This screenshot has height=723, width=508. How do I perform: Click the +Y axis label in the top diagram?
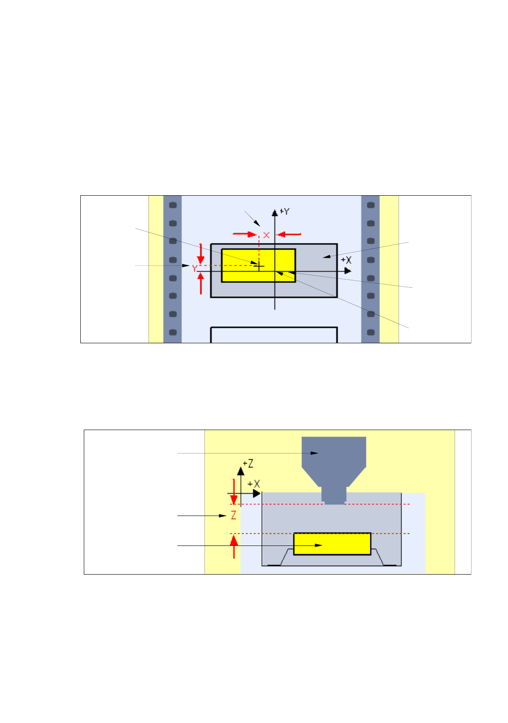(285, 212)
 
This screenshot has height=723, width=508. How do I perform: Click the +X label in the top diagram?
(346, 260)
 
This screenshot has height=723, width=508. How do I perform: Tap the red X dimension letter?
(267, 235)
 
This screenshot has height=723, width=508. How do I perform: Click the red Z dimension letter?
(234, 516)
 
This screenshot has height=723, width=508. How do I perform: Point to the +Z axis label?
(248, 464)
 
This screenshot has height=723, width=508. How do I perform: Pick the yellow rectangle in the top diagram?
(258, 265)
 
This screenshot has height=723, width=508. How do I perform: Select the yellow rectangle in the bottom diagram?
(332, 544)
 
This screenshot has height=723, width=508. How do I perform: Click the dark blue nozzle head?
(333, 460)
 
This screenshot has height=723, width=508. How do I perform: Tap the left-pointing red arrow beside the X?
(288, 235)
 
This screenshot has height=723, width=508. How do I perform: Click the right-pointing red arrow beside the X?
(245, 234)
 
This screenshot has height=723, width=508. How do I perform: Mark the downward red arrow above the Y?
(201, 253)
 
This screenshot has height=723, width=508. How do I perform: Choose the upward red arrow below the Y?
(201, 283)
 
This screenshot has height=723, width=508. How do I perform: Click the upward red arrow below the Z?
(234, 546)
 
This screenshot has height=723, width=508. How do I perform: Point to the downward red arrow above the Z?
(234, 492)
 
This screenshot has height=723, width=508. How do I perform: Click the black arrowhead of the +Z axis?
(241, 471)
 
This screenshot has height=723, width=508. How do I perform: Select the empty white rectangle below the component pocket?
(274, 335)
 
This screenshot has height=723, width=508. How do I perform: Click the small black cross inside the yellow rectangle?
(259, 266)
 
